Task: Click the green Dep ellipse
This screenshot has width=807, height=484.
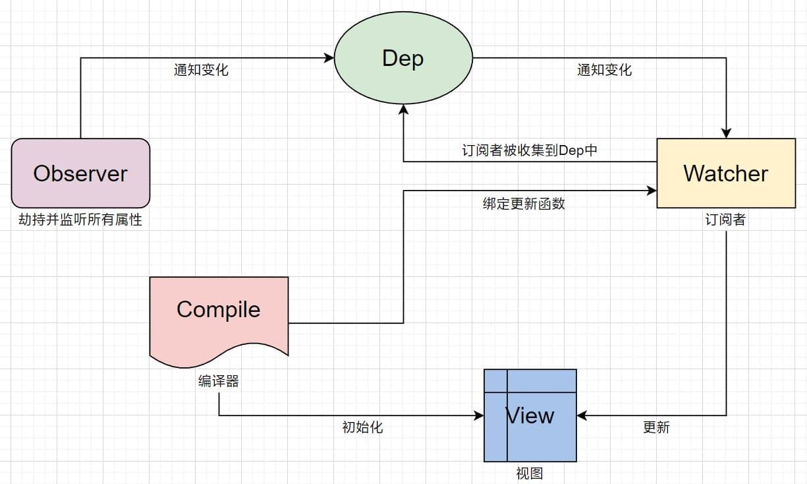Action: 403,59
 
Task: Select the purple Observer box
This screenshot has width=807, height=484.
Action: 80,173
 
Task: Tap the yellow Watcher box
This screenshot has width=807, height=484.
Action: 726,173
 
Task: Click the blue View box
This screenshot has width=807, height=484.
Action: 530,415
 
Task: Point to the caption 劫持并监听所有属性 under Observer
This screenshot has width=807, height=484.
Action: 80,220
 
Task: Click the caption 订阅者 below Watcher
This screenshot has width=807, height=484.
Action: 725,220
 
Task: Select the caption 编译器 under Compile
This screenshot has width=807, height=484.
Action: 218,381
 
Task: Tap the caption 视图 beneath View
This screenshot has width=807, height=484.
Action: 530,473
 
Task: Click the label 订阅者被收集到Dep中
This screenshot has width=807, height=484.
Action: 530,150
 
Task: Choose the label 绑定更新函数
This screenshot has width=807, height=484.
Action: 524,204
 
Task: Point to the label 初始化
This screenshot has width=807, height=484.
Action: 362,427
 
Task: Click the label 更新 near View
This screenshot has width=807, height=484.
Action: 656,427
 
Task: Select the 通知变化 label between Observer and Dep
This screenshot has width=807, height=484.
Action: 201,70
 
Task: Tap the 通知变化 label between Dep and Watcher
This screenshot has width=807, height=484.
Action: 604,70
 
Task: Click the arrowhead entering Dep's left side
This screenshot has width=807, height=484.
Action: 330,58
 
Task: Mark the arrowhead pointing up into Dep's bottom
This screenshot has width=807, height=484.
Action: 403,108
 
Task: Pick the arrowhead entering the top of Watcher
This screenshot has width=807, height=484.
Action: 726,134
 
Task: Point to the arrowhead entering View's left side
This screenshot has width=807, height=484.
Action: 479,415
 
